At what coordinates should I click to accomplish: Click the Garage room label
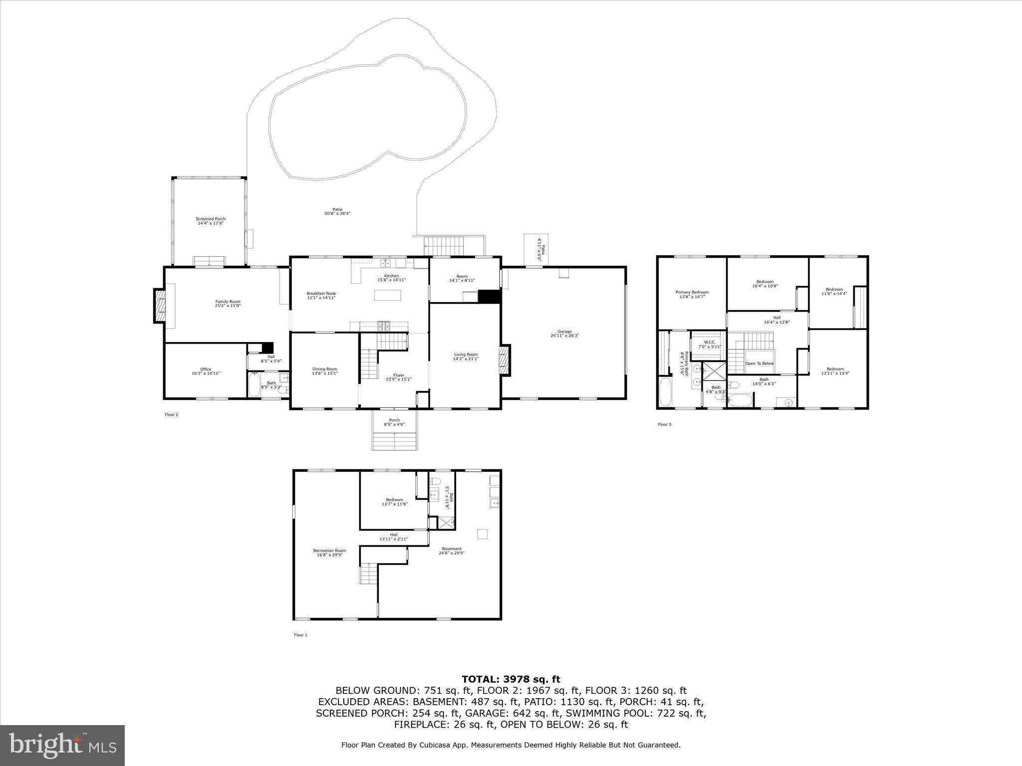(x=564, y=334)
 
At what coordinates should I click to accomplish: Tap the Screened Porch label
(x=211, y=221)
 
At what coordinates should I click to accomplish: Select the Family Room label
(x=228, y=304)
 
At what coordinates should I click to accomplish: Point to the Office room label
(x=206, y=371)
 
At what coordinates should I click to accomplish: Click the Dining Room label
(x=325, y=371)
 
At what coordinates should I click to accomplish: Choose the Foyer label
(x=399, y=377)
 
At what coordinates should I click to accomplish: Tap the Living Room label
(x=466, y=357)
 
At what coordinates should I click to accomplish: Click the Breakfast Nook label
(x=321, y=295)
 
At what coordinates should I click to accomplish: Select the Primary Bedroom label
(x=692, y=294)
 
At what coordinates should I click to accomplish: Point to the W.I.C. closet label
(x=710, y=344)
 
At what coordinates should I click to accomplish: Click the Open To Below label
(x=759, y=364)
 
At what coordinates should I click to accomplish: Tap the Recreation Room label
(x=329, y=553)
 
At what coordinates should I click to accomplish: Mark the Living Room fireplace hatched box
(x=504, y=360)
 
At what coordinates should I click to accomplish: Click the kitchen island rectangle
(x=388, y=295)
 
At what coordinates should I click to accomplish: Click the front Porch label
(x=394, y=422)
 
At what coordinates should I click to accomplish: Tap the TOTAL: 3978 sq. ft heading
(x=511, y=679)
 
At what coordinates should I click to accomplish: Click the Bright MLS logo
(x=62, y=745)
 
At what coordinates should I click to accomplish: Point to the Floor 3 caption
(x=664, y=424)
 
